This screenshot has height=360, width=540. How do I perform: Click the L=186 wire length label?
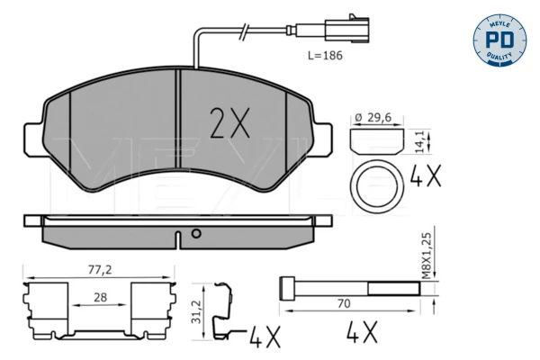pyautogui.click(x=325, y=56)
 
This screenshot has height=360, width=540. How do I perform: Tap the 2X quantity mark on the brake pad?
pyautogui.click(x=229, y=122)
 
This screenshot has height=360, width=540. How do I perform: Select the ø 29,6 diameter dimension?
pyautogui.click(x=373, y=118)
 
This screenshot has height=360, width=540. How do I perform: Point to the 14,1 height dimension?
pyautogui.click(x=418, y=141)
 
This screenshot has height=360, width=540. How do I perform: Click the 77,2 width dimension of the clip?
pyautogui.click(x=100, y=270)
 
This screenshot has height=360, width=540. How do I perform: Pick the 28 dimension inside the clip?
pyautogui.click(x=100, y=297)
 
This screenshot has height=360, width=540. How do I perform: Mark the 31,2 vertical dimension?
pyautogui.click(x=196, y=311)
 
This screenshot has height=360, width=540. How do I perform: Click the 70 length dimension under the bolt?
pyautogui.click(x=344, y=303)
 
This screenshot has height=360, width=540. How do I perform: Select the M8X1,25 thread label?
pyautogui.click(x=427, y=256)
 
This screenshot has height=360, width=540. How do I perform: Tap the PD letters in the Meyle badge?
pyautogui.click(x=499, y=40)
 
